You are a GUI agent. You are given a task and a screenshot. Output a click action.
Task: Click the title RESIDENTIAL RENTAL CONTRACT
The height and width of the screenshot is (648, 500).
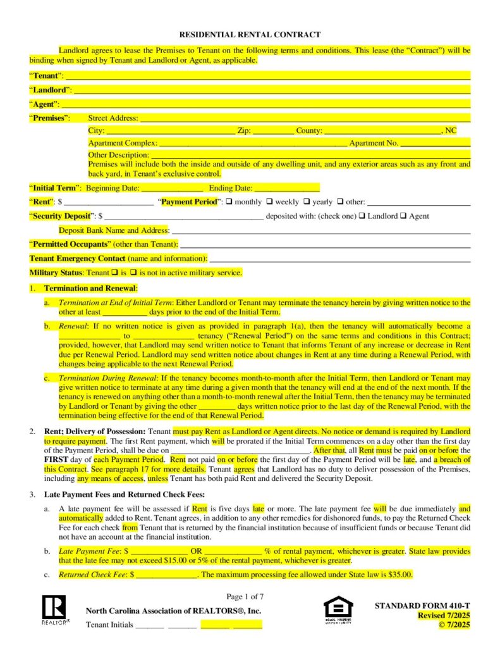pyautogui.click(x=250, y=35)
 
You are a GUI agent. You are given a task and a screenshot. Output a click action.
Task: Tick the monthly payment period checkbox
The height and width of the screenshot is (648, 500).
pyautogui.click(x=229, y=202)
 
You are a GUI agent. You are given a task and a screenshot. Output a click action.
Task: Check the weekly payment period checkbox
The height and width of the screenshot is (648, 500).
pyautogui.click(x=269, y=202)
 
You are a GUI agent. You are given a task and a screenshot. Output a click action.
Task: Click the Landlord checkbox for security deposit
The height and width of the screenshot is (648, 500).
pyautogui.click(x=362, y=216)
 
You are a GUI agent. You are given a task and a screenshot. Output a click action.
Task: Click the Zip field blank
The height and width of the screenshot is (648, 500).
pyautogui.click(x=273, y=131)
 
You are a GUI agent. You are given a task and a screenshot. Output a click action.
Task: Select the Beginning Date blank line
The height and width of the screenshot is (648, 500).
pyautogui.click(x=171, y=188)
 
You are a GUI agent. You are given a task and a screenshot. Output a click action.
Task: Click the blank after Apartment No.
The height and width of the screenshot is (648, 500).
pyautogui.click(x=436, y=144)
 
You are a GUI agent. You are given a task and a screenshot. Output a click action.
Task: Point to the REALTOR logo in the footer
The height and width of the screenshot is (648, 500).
pyautogui.click(x=54, y=609)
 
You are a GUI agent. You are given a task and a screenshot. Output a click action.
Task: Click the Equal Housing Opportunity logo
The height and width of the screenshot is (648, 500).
pyautogui.click(x=338, y=608)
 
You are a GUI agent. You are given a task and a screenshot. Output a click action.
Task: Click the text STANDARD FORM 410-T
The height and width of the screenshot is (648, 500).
pyautogui.click(x=422, y=606)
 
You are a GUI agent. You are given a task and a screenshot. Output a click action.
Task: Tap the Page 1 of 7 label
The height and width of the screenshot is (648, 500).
pyautogui.click(x=245, y=596)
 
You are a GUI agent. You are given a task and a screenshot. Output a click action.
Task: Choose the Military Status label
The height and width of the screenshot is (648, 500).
pyautogui.click(x=56, y=273)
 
